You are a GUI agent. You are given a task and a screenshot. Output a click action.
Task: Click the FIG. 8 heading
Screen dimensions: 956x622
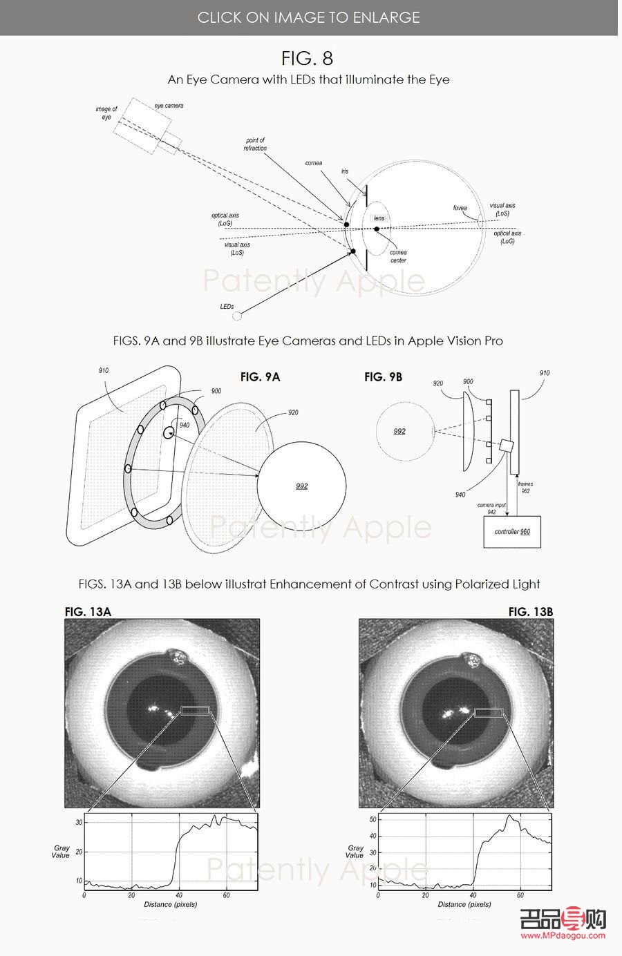click(308, 57)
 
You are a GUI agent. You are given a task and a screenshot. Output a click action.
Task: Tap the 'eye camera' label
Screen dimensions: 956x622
click(169, 106)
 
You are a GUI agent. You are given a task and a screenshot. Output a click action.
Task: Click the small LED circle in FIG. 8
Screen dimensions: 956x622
click(237, 316)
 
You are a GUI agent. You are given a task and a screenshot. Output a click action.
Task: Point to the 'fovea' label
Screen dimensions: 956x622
click(460, 208)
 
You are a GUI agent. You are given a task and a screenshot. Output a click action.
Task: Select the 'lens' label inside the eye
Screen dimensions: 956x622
click(379, 218)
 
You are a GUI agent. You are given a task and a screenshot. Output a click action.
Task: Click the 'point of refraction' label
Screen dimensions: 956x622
click(255, 144)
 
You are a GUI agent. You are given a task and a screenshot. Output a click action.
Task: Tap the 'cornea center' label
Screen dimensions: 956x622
click(398, 256)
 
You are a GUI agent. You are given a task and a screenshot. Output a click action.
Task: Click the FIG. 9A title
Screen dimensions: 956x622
click(260, 377)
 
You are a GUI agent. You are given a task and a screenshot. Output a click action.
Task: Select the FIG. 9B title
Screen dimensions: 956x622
click(383, 377)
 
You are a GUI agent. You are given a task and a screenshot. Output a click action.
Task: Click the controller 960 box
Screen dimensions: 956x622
click(512, 532)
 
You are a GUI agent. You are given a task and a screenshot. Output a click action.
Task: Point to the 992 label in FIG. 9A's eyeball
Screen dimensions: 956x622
click(301, 486)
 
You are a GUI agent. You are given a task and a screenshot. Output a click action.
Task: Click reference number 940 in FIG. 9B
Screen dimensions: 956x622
click(460, 495)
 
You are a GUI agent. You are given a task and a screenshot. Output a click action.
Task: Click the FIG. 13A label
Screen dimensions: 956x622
click(88, 611)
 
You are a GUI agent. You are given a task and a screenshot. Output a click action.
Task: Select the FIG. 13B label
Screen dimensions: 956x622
click(530, 611)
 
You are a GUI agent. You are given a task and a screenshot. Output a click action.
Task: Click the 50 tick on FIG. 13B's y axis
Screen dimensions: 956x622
click(373, 819)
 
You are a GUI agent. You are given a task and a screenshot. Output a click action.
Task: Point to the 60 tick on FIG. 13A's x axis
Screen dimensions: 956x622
click(226, 895)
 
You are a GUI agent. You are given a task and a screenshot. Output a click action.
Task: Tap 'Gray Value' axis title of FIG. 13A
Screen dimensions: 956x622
click(61, 852)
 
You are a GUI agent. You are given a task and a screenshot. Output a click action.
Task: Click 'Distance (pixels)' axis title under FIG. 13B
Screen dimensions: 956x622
click(464, 904)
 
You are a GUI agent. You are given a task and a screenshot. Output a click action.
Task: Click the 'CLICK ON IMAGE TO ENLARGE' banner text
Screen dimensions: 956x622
click(308, 17)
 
